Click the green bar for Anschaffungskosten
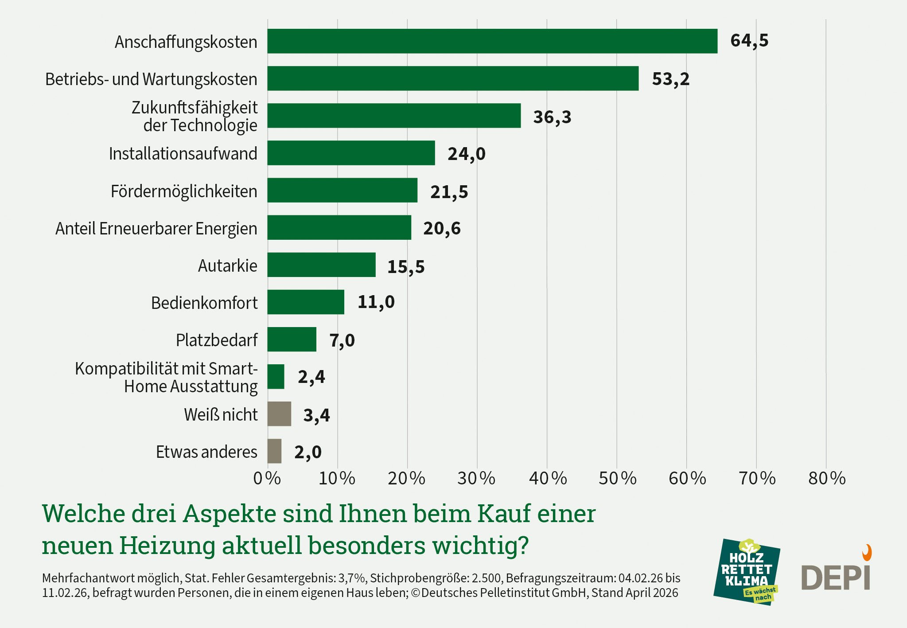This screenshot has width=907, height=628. click(492, 41)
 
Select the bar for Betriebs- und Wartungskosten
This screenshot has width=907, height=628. click(453, 78)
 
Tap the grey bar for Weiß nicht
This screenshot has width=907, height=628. click(279, 414)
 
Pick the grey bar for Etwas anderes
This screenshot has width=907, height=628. click(274, 451)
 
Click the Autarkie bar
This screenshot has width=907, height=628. click(321, 265)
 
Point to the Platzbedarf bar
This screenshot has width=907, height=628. click(292, 339)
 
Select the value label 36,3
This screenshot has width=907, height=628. click(552, 117)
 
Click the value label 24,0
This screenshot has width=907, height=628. click(466, 154)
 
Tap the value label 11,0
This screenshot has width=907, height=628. click(376, 302)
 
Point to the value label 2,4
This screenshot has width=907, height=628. click(311, 377)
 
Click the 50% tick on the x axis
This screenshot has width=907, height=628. click(617, 479)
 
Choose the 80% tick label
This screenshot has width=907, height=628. click(827, 479)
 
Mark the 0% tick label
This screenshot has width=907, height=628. click(267, 479)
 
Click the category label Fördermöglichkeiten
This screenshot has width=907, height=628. click(184, 191)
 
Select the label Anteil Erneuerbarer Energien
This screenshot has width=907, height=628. click(156, 229)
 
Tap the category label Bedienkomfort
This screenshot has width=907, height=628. click(204, 303)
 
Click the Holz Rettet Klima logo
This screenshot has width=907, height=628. click(747, 572)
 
